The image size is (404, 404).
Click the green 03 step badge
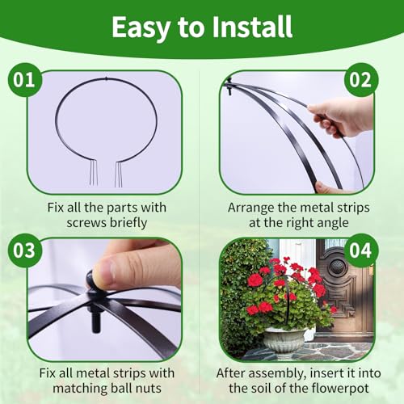coord(25,250)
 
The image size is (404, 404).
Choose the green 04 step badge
coord(360,250)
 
